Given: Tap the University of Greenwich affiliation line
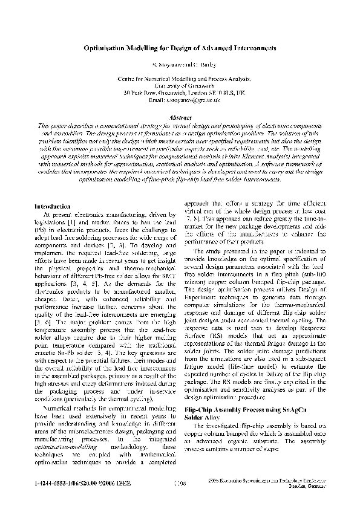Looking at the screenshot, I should point(180,86).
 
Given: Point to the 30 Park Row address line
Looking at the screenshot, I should point(180,92).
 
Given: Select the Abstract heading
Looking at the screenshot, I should point(180,116).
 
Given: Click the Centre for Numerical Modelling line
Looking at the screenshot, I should point(180,79).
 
